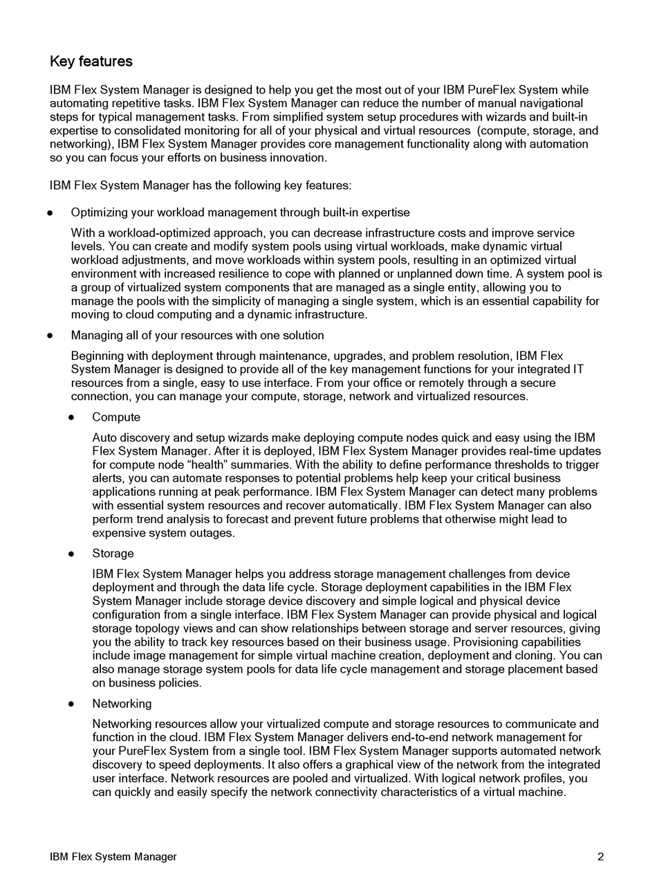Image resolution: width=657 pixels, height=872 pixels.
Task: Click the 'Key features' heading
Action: (x=91, y=62)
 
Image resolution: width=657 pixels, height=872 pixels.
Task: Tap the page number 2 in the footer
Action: (x=600, y=857)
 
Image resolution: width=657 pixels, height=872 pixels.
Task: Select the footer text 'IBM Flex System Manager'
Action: (x=113, y=857)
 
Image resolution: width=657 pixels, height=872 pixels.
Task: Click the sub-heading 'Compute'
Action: (x=116, y=417)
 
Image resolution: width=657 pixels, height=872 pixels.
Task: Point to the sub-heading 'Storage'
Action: (x=113, y=554)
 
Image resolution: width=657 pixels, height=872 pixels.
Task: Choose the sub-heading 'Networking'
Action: (x=122, y=704)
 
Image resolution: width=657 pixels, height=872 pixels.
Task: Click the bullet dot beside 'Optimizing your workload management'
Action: (x=50, y=213)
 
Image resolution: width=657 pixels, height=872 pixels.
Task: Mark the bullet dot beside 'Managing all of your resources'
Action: (x=50, y=336)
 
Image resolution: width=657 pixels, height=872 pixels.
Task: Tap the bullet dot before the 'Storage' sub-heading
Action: (x=72, y=554)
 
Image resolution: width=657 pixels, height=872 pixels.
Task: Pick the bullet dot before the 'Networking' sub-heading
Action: (x=72, y=705)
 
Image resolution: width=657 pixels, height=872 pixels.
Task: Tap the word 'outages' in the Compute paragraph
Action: (x=212, y=534)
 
